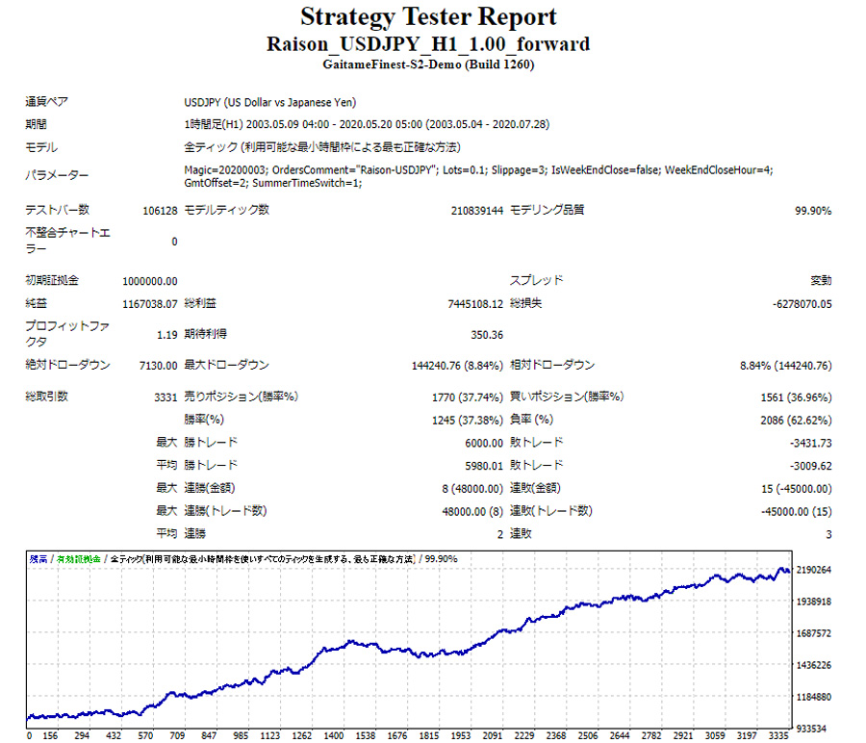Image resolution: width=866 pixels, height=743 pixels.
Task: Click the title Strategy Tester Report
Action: tap(428, 17)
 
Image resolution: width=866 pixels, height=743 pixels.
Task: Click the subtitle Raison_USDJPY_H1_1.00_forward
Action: tap(428, 44)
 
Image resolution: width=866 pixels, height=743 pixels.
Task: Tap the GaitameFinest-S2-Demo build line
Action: tap(428, 64)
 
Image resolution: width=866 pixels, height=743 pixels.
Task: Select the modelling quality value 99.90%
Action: tap(813, 210)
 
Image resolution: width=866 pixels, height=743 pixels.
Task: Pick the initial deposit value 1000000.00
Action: tap(150, 281)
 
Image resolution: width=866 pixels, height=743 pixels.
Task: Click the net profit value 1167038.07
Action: tap(150, 304)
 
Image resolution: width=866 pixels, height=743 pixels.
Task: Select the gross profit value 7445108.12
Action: tap(475, 304)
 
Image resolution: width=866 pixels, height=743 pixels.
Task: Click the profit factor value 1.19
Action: tap(166, 335)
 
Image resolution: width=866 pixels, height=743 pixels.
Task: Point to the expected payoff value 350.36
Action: tap(487, 335)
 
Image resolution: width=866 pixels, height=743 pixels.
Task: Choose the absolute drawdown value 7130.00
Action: tap(157, 366)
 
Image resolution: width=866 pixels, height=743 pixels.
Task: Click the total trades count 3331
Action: tap(165, 397)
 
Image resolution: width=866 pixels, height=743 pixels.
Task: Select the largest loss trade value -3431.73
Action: tap(810, 443)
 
